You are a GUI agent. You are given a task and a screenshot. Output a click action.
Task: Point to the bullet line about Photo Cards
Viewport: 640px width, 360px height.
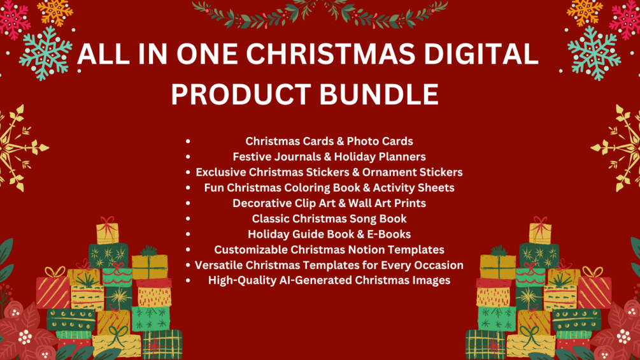tap(329, 141)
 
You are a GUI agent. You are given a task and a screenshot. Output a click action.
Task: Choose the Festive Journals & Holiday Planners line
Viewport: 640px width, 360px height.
tap(329, 156)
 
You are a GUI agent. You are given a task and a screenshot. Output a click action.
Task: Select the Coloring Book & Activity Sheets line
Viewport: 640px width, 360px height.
tap(329, 187)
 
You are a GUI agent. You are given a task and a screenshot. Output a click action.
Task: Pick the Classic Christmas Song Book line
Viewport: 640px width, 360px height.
tap(329, 219)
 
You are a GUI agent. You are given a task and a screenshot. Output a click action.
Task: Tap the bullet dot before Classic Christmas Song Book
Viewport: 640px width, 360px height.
tap(188, 219)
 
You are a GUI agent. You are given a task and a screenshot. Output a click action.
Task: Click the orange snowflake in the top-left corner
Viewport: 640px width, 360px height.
tap(55, 10)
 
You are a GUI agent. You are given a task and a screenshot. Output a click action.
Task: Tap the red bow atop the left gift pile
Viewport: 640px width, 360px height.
tap(107, 224)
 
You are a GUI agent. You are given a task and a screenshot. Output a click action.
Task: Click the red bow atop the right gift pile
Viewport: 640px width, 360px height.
tap(540, 224)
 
